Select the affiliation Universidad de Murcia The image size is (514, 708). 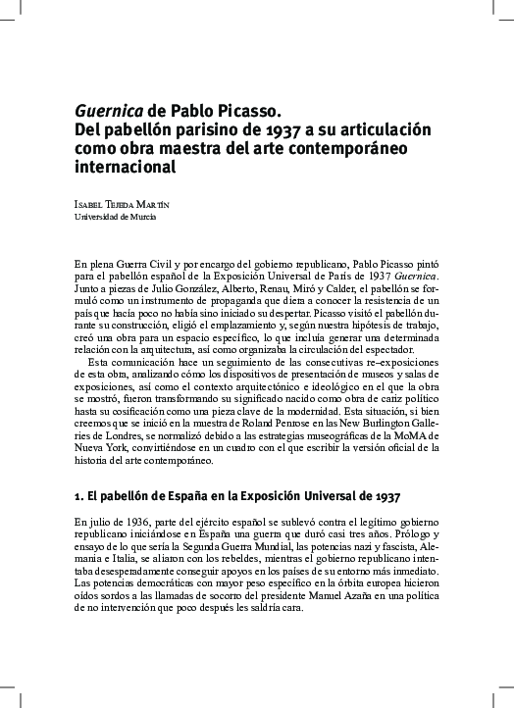[x=115, y=218]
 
